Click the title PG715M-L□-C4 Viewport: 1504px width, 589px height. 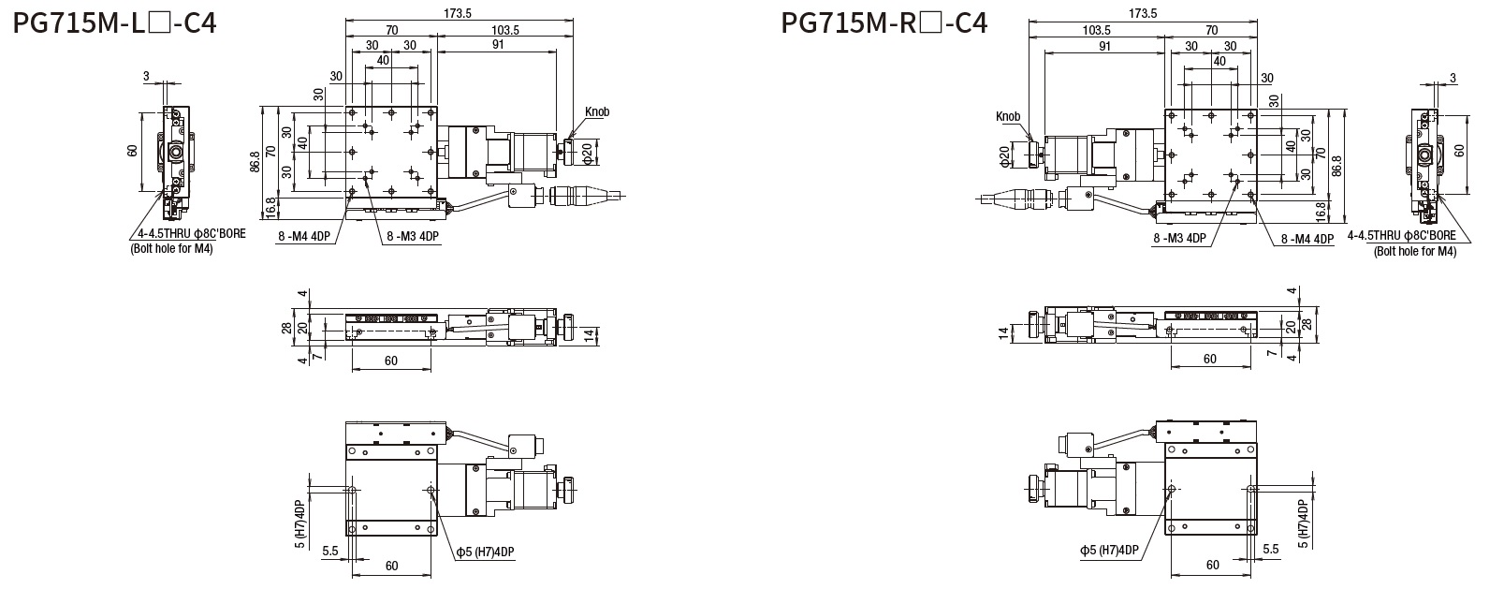pyautogui.click(x=115, y=23)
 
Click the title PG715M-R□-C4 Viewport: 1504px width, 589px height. pyautogui.click(x=884, y=23)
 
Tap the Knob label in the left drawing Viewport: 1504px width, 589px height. pyautogui.click(x=597, y=111)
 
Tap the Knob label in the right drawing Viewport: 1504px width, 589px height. pyautogui.click(x=1008, y=116)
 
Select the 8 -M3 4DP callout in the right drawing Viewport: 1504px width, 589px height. pyautogui.click(x=1179, y=238)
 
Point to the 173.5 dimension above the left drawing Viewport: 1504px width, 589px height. pyautogui.click(x=458, y=13)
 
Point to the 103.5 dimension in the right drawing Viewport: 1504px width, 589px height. pyautogui.click(x=1097, y=30)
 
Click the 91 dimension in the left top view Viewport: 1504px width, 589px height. pyautogui.click(x=498, y=44)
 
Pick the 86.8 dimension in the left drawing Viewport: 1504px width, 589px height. pyautogui.click(x=255, y=163)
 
